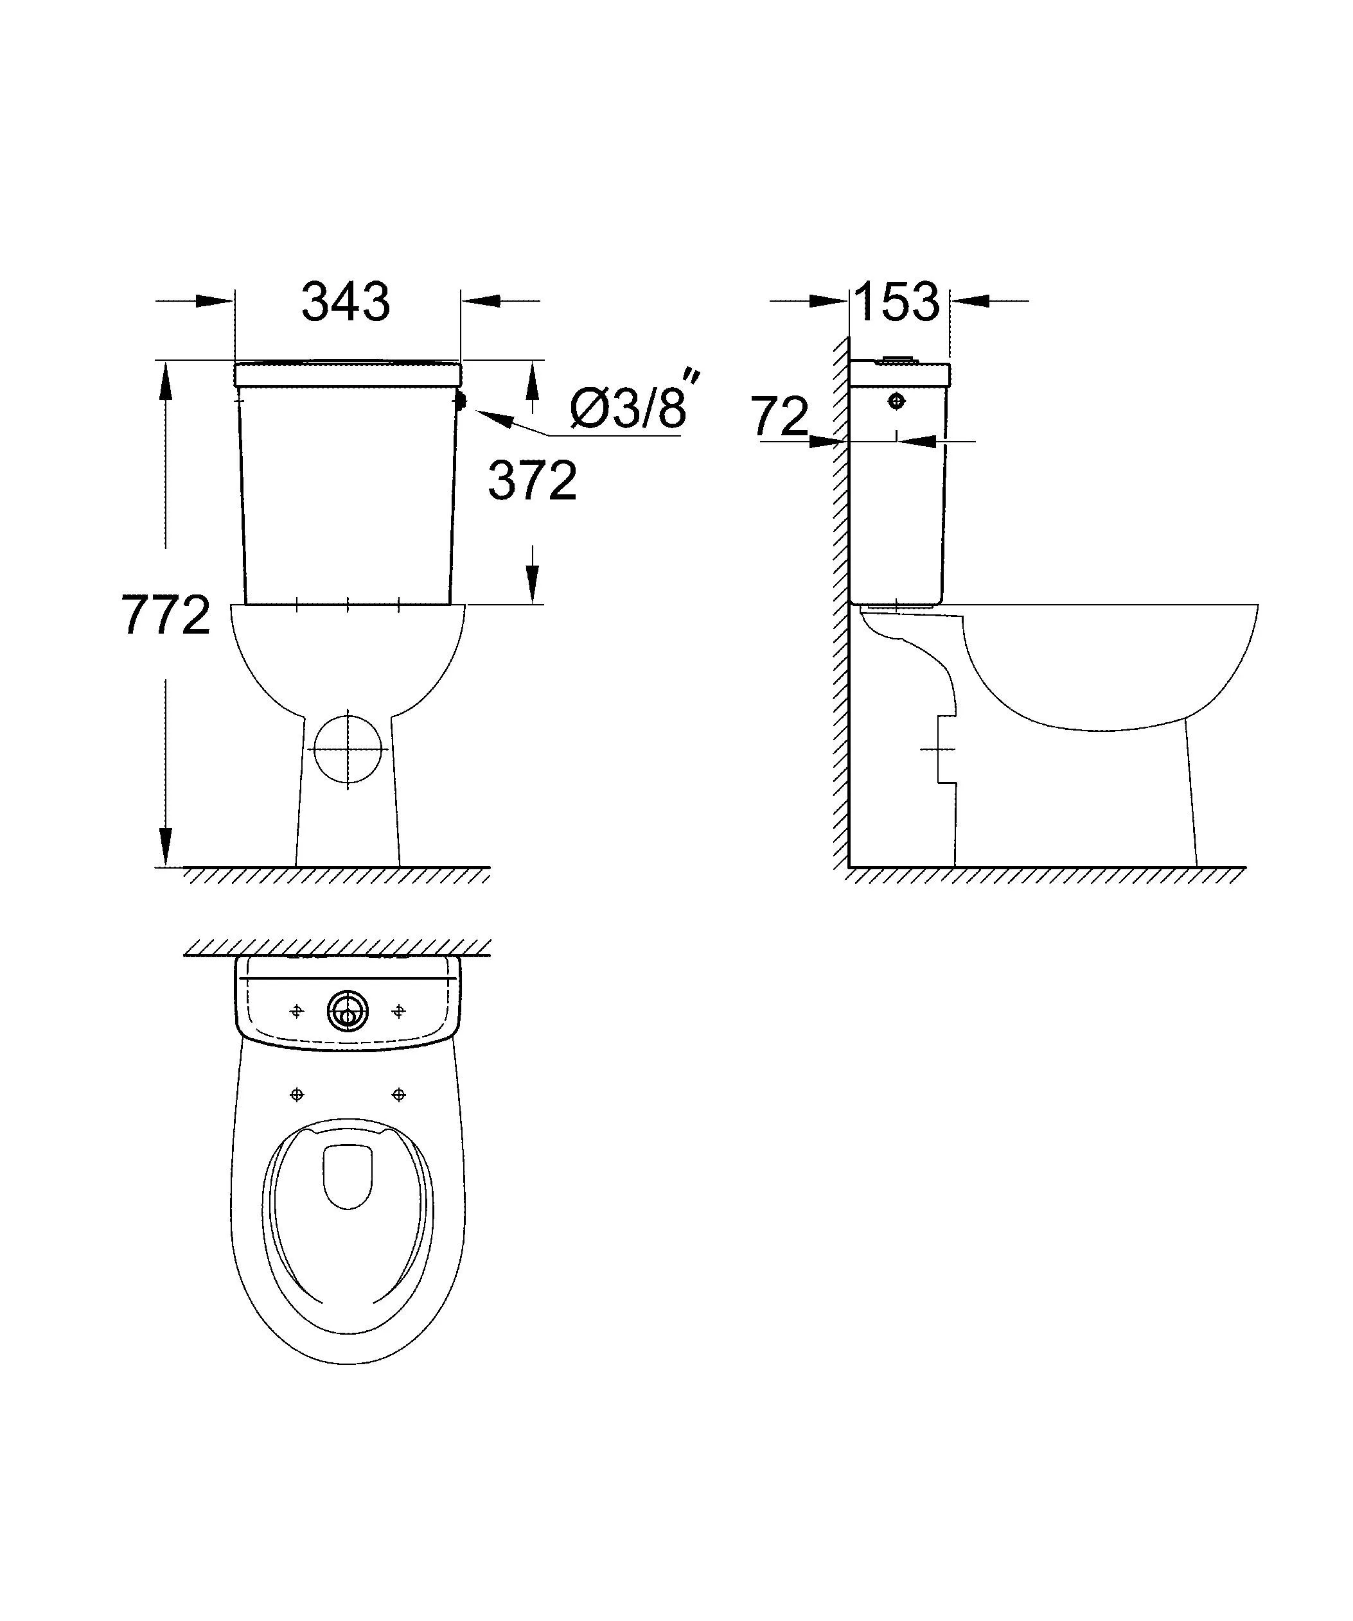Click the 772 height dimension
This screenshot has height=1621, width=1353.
click(x=166, y=615)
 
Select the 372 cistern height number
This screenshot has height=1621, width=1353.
click(x=532, y=481)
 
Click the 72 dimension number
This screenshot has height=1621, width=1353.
click(x=780, y=417)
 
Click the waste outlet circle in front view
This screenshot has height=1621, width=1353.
click(x=348, y=749)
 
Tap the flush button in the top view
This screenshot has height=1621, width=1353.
click(x=348, y=1011)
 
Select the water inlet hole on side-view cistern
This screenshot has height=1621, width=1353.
click(x=896, y=401)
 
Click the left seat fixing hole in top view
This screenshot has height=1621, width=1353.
click(x=297, y=1094)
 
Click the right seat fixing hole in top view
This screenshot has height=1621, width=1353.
click(x=398, y=1094)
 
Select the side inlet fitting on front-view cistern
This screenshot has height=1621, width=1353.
click(x=460, y=401)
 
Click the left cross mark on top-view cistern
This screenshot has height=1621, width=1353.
click(x=297, y=1011)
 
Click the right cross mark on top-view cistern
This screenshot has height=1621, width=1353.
click(x=398, y=1011)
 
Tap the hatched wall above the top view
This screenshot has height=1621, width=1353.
click(x=337, y=947)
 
